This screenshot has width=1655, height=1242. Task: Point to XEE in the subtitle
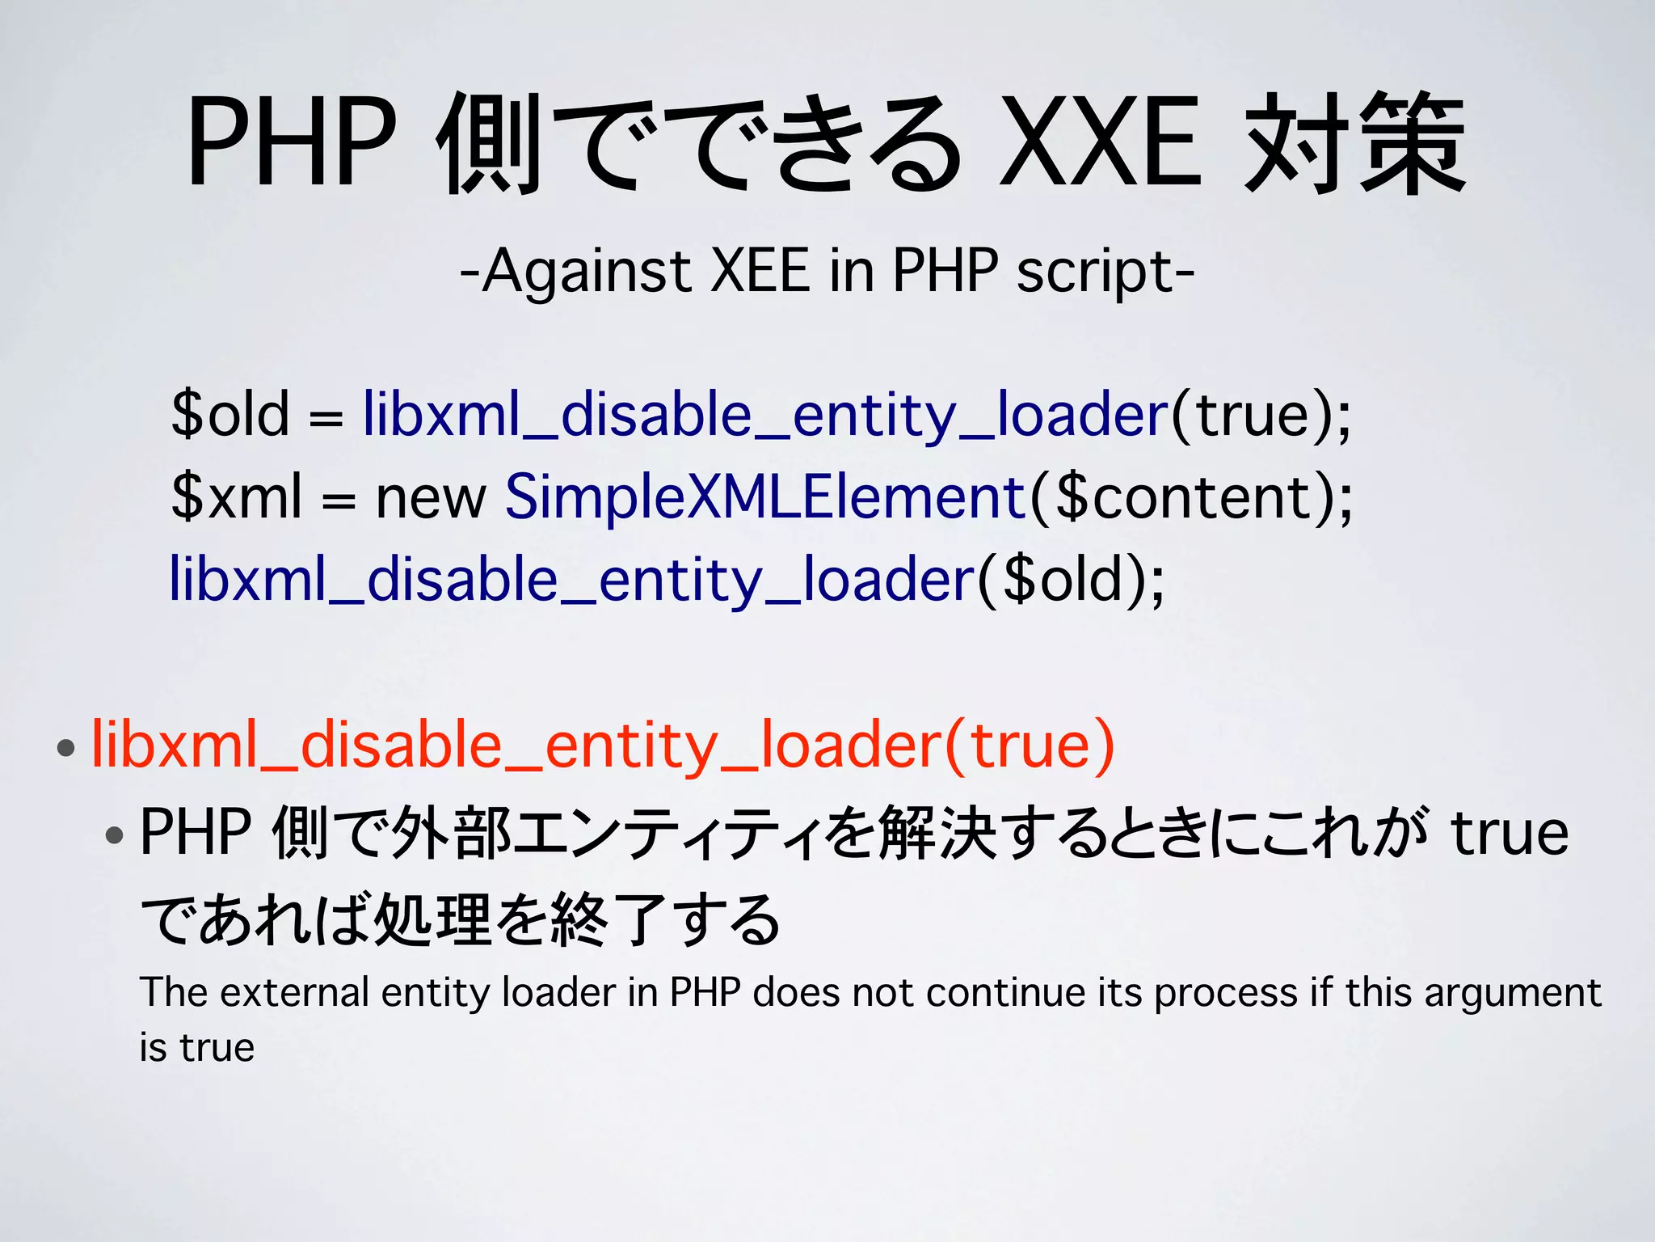click(x=760, y=271)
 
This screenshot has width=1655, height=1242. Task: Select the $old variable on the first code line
click(x=230, y=414)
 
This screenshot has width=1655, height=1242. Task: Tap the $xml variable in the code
click(x=237, y=496)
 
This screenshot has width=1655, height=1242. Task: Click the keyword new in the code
click(x=431, y=496)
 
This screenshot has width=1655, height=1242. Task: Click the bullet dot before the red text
click(x=66, y=747)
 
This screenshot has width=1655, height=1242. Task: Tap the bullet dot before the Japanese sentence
click(x=115, y=834)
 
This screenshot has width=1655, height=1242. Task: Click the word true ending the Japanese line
click(x=1510, y=833)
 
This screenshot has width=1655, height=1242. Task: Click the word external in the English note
click(x=294, y=992)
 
